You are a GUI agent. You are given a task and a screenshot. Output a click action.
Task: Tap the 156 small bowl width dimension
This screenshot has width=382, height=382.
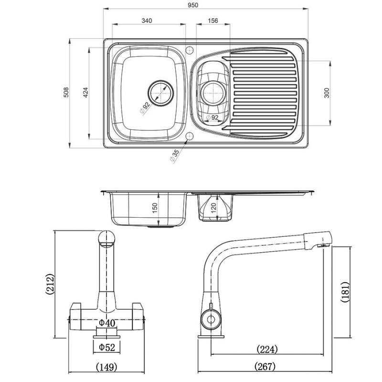pyautogui.click(x=213, y=21)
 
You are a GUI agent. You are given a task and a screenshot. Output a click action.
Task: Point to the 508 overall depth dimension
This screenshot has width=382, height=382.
pyautogui.click(x=67, y=93)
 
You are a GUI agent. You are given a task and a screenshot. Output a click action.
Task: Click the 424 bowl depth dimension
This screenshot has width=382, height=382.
pyautogui.click(x=85, y=93)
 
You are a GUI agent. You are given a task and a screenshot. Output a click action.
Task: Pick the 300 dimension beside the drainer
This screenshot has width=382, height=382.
pyautogui.click(x=327, y=93)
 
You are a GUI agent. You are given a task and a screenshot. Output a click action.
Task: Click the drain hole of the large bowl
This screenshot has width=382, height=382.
pyautogui.click(x=160, y=92)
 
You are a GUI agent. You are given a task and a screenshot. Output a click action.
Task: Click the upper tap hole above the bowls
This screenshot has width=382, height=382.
pyautogui.click(x=190, y=49)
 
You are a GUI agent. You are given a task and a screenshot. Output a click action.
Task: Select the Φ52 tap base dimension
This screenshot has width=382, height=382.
pyautogui.click(x=107, y=347)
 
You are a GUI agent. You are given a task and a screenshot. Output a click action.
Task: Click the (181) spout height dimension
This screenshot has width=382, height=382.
pyautogui.click(x=346, y=291)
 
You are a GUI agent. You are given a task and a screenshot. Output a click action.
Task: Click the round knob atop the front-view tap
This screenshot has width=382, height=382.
pyautogui.click(x=107, y=237)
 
